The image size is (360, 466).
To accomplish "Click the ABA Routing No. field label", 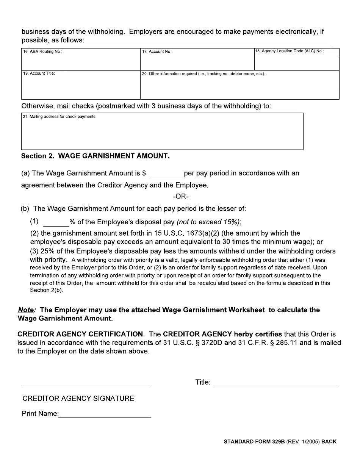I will coord(42,52).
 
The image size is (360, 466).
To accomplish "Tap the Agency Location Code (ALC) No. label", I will coord(289,51).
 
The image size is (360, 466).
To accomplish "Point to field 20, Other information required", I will coord(203,74).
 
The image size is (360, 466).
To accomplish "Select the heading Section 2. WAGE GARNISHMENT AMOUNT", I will coord(95,156).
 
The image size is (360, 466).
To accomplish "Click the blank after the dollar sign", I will coord(166,174).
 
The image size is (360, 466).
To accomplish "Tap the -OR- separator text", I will coord(180,197).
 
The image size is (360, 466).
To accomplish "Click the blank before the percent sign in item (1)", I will coord(56,222).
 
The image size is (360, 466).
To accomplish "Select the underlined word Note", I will coord(27,310).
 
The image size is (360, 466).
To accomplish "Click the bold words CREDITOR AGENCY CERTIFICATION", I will coord(80,334).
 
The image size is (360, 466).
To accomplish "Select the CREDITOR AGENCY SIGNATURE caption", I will coord(78,399).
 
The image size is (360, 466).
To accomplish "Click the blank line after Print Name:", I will coord(105,414).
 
